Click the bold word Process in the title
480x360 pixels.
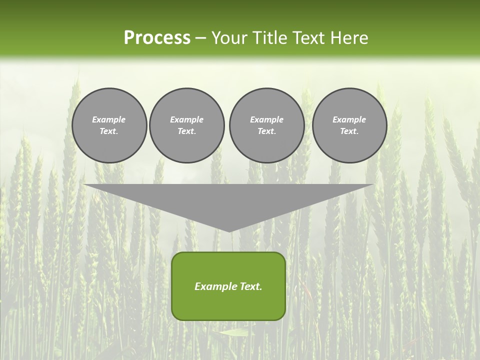157,38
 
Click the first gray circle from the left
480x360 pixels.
109,125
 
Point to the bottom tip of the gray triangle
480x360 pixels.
229,231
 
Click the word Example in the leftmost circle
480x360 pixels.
109,119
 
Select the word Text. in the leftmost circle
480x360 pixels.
109,131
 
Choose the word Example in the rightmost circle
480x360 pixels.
349,119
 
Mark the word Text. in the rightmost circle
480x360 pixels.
349,131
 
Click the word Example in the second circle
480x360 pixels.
187,119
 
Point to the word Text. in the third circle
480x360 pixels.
266,131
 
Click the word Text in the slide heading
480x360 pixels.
309,38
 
